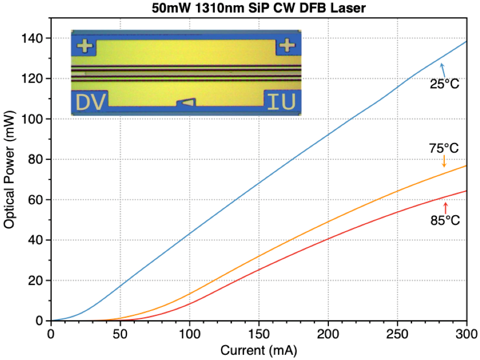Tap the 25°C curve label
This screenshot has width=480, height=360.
pyautogui.click(x=445, y=83)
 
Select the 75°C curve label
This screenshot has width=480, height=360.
pyautogui.click(x=444, y=149)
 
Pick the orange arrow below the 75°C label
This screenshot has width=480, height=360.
pyautogui.click(x=444, y=161)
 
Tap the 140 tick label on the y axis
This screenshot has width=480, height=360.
pyautogui.click(x=33, y=38)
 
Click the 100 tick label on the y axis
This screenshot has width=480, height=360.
pyautogui.click(x=33, y=119)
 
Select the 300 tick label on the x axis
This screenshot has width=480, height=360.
pyautogui.click(x=466, y=333)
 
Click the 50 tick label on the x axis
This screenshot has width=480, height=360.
pyautogui.click(x=121, y=333)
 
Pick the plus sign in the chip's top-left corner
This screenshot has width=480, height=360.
pyautogui.click(x=84, y=46)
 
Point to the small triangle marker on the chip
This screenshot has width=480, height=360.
pyautogui.click(x=187, y=102)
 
